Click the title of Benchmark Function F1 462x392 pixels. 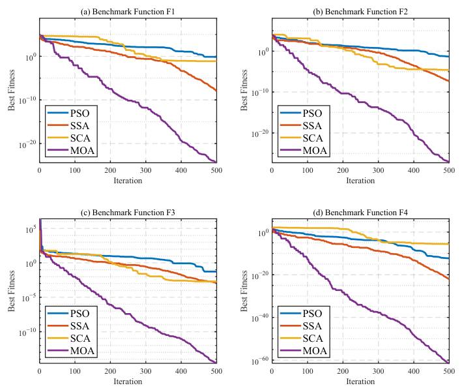pos(128,12)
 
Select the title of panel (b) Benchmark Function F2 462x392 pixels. pos(360,12)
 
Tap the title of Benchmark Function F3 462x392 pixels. pos(128,213)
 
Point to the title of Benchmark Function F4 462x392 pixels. pos(360,213)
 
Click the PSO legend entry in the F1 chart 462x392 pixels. pos(68,113)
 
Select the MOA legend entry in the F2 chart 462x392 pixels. pos(304,151)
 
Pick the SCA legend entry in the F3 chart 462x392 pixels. pos(68,339)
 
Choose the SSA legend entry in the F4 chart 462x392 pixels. pos(301,326)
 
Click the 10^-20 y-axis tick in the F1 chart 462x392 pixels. pos(27,144)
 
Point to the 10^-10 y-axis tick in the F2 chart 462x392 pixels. pos(260,93)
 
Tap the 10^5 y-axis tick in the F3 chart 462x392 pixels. pos(31,229)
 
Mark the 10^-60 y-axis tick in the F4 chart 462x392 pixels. pos(260,361)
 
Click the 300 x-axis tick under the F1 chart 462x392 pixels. pos(145,170)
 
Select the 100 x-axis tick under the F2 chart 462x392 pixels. pos(308,170)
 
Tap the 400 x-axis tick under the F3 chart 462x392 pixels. pos(181,371)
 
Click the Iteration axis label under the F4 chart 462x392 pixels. pos(360,382)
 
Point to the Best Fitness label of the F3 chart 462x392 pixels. pos(11,291)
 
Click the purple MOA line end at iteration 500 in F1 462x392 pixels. pos(216,162)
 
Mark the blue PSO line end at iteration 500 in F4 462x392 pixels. pos(449,259)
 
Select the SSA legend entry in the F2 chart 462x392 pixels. pos(301,126)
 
